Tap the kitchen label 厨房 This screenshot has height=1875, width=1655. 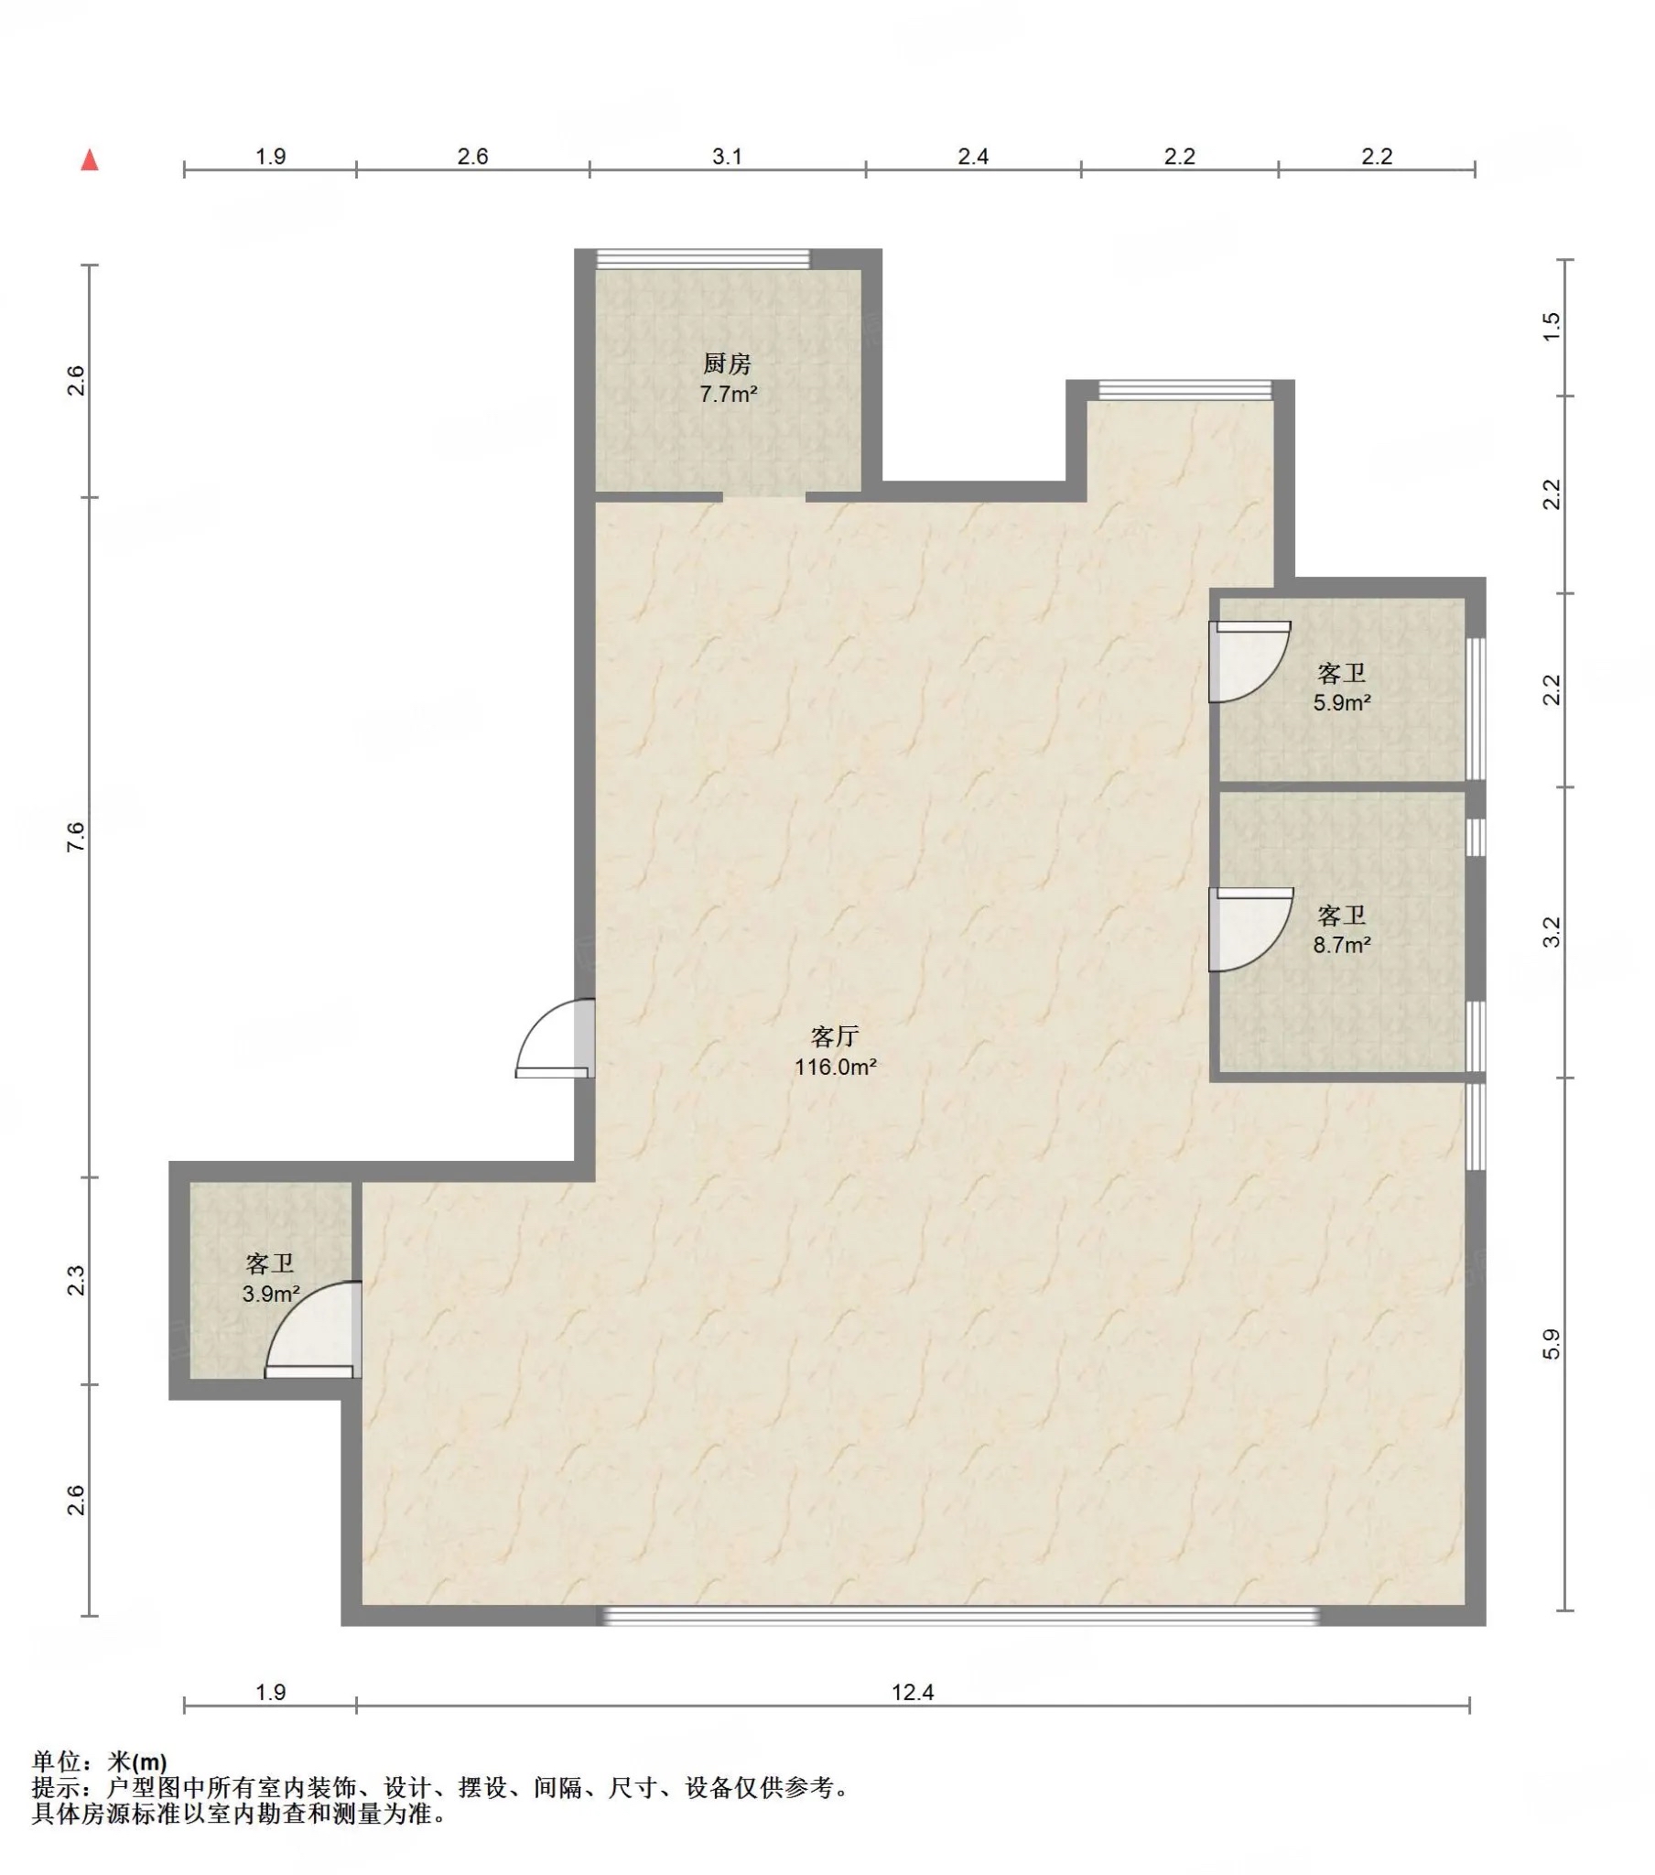[728, 364]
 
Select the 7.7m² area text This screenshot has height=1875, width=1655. [729, 395]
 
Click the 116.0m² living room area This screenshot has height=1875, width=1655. [835, 1067]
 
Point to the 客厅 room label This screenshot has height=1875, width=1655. [835, 1036]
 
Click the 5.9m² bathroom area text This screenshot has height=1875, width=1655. [1341, 702]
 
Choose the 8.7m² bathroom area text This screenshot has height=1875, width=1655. [1341, 944]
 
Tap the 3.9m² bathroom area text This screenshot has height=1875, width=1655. [271, 1294]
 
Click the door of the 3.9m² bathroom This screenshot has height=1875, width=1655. [313, 1329]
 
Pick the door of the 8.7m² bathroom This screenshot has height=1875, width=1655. [1250, 929]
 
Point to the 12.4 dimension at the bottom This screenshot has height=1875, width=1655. [912, 1693]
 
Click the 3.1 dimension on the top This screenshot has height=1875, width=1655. [727, 157]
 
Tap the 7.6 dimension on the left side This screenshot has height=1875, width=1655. [75, 837]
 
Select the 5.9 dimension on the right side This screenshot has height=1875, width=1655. [1551, 1345]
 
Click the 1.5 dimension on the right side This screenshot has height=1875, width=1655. [1551, 328]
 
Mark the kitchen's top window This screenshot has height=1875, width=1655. [703, 259]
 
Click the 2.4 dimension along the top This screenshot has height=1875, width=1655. [972, 157]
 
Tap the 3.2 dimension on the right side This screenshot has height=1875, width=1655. [1551, 933]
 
